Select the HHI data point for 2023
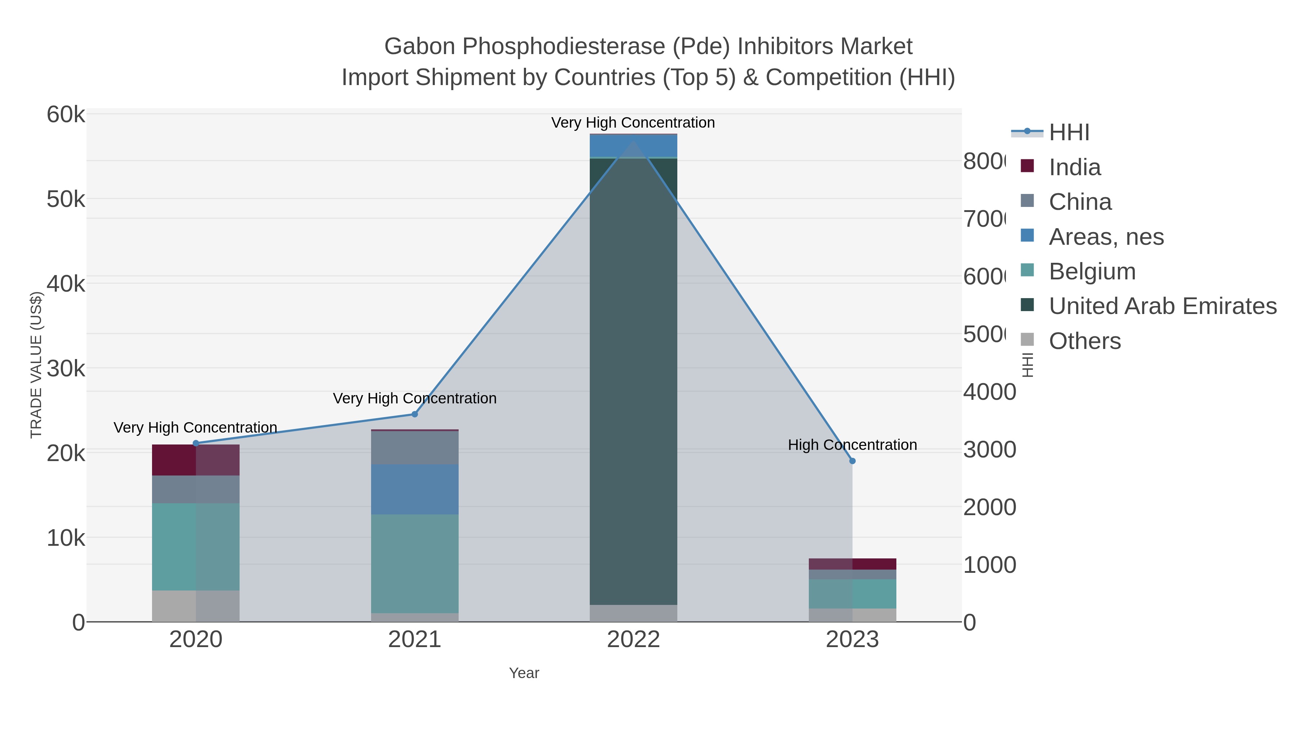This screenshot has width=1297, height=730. (852, 461)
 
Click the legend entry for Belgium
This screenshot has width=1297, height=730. (1092, 271)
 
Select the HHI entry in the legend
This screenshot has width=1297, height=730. (1069, 133)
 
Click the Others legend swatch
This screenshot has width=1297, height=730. (1027, 340)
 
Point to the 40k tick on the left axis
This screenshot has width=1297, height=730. (66, 284)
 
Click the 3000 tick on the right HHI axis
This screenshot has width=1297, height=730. (989, 450)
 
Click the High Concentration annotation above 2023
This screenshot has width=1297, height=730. (852, 445)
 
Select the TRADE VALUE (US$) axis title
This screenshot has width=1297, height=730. (36, 365)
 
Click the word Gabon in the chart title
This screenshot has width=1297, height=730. (420, 47)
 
